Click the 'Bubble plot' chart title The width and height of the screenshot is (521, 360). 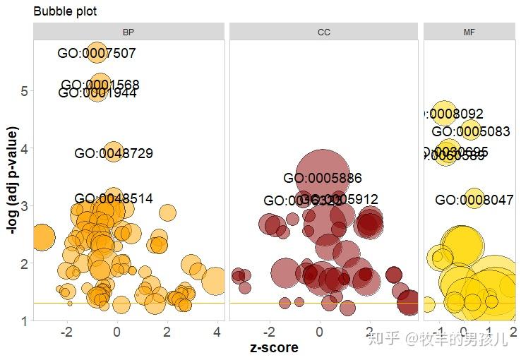pyautogui.click(x=65, y=11)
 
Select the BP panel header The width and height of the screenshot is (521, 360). pyautogui.click(x=128, y=32)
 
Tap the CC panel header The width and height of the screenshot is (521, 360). pyautogui.click(x=324, y=32)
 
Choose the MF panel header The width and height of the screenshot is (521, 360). pyautogui.click(x=469, y=32)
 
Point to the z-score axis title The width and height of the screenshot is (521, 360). pyautogui.click(x=275, y=347)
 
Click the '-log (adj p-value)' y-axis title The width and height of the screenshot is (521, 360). pyautogui.click(x=11, y=180)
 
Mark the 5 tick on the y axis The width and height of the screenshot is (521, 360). pyautogui.click(x=24, y=91)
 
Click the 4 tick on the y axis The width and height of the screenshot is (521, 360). pyautogui.click(x=24, y=149)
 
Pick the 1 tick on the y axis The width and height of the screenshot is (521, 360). pyautogui.click(x=24, y=321)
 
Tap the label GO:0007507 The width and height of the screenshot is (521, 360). pyautogui.click(x=97, y=53)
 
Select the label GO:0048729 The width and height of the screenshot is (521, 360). pyautogui.click(x=114, y=153)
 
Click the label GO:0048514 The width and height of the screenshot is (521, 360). pyautogui.click(x=114, y=199)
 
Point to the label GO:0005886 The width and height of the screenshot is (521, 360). pyautogui.click(x=323, y=179)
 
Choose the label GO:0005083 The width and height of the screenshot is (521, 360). pyautogui.click(x=471, y=131)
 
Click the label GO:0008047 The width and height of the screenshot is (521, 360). pyautogui.click(x=474, y=200)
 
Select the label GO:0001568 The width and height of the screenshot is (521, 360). pyautogui.click(x=100, y=85)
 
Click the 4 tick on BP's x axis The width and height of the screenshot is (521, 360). pyautogui.click(x=217, y=332)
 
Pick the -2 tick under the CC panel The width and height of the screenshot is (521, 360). pyautogui.click(x=269, y=332)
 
